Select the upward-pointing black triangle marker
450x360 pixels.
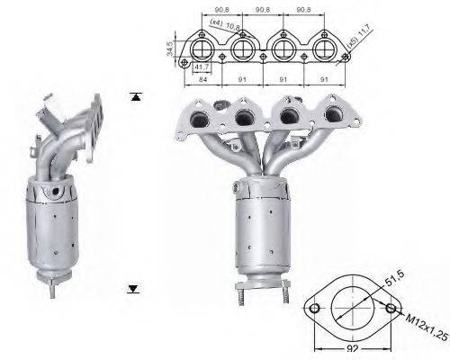[x=135, y=96]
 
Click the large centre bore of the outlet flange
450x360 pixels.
[x=352, y=309]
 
